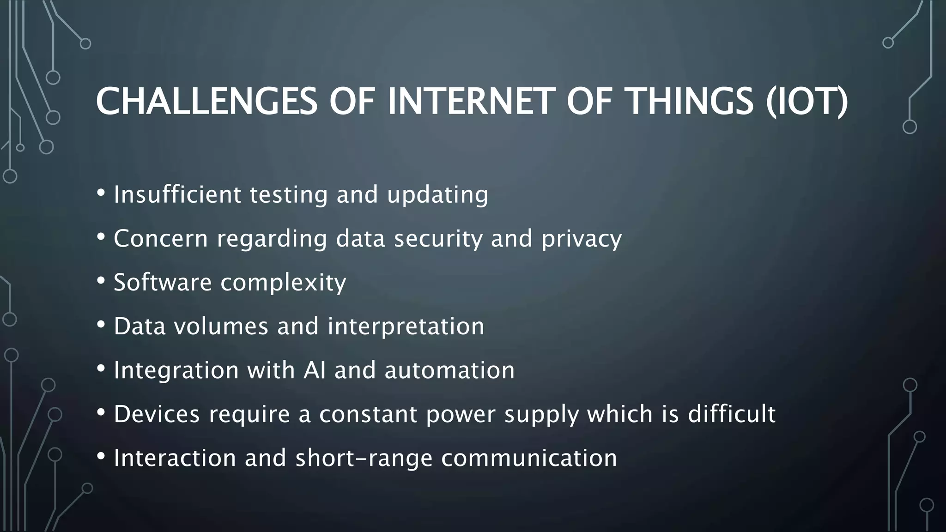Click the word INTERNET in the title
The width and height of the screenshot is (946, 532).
click(x=471, y=101)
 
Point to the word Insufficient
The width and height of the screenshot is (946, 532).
click(x=177, y=194)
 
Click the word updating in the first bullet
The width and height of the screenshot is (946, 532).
click(x=437, y=195)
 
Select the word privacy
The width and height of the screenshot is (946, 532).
click(x=582, y=239)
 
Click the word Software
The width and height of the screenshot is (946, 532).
click(x=163, y=282)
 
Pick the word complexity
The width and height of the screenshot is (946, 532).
click(x=283, y=283)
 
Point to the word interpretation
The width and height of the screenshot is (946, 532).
click(x=406, y=326)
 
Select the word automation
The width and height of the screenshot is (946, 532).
click(x=449, y=370)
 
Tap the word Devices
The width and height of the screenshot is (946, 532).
click(x=157, y=414)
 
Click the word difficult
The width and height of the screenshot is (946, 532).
click(x=731, y=414)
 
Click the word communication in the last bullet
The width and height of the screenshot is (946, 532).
click(x=529, y=458)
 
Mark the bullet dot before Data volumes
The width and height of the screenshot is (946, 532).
click(x=101, y=325)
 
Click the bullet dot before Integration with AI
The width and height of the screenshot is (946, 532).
click(x=101, y=369)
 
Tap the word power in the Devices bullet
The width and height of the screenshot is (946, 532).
click(x=461, y=415)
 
